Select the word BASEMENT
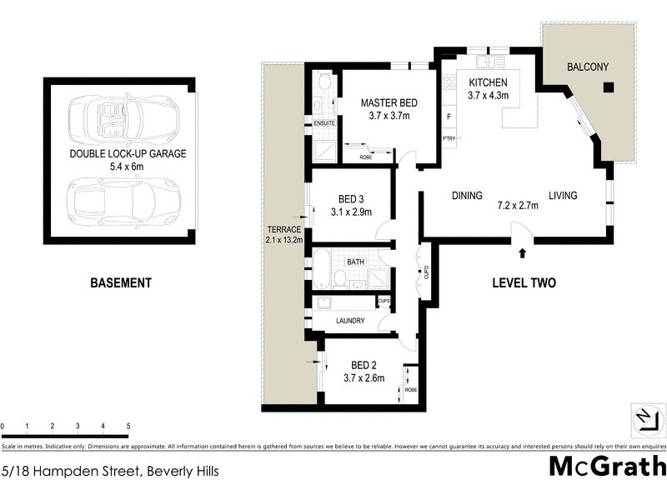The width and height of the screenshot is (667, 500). coord(121,283)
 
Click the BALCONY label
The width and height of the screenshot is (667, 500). coord(588,67)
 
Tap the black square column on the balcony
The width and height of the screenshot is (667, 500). coord(609,87)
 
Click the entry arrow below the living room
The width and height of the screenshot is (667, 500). coord(522,252)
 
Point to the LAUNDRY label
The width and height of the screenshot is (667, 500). coord(350,320)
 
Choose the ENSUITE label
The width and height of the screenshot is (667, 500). coord(324,123)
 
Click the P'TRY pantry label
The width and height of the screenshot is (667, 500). coord(449,138)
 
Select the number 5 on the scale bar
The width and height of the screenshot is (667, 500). coord(128,426)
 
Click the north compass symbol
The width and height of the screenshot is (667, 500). coord(649,417)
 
